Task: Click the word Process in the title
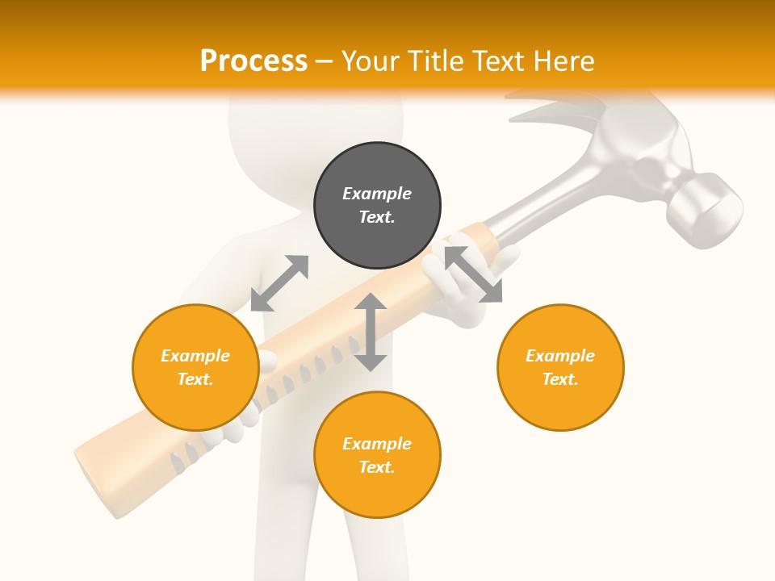coord(253,61)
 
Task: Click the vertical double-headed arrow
coord(371,332)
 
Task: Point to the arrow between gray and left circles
coord(279,283)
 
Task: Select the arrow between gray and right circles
coord(473,274)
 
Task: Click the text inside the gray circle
coord(377,205)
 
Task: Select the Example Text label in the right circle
coord(560,367)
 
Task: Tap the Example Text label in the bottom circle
coord(377,455)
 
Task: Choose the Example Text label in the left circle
coord(195,367)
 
